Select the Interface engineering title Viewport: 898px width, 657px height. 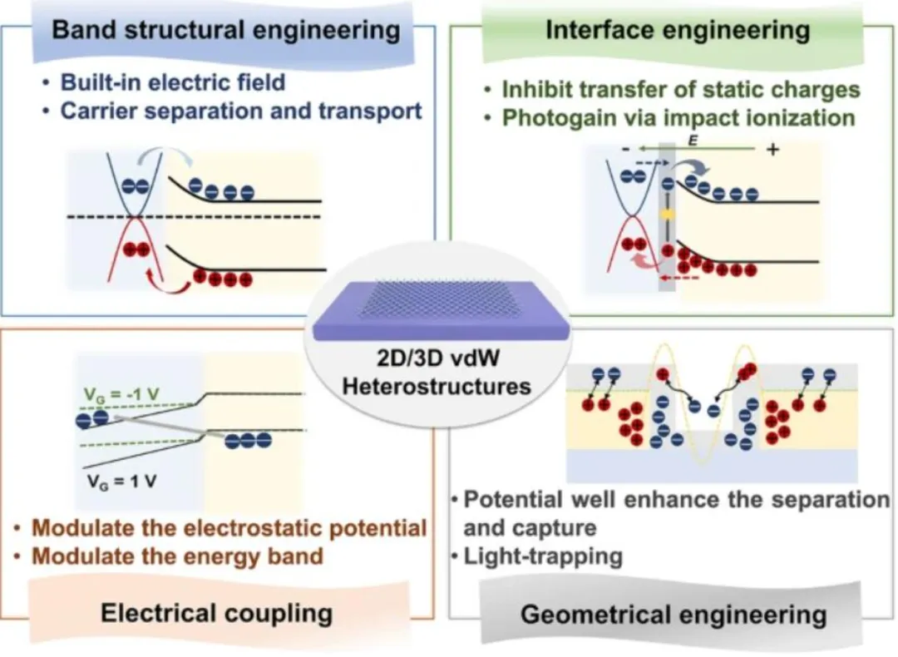677,31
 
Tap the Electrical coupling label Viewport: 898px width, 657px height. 216,614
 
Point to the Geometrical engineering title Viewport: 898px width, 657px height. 673,615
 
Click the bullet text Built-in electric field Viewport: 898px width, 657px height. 173,82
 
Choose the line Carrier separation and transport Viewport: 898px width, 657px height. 241,111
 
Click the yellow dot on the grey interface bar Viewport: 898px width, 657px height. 665,215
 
